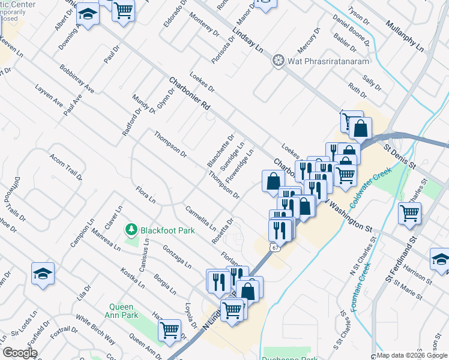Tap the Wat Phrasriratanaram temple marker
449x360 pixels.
(277, 61)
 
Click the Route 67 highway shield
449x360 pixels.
(274, 247)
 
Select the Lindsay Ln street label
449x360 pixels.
(248, 43)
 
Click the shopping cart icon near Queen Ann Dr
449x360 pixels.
(170, 329)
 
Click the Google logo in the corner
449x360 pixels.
(19, 352)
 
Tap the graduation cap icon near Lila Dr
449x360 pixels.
(43, 273)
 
